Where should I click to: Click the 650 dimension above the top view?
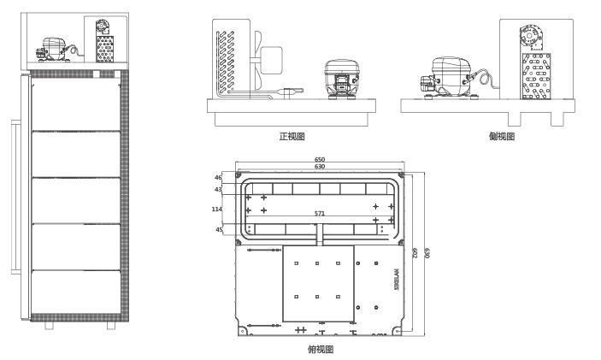click(x=319, y=160)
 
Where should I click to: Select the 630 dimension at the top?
click(x=319, y=167)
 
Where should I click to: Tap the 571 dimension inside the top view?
click(x=320, y=213)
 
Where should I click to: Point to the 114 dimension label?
click(x=216, y=207)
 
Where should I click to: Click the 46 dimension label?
click(x=218, y=178)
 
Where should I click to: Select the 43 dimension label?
click(x=218, y=189)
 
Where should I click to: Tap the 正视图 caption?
click(x=292, y=136)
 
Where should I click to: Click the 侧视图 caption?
click(x=502, y=136)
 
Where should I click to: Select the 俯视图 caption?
click(x=320, y=350)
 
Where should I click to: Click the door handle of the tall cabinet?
click(x=12, y=197)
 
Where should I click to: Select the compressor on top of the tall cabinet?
click(x=54, y=49)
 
